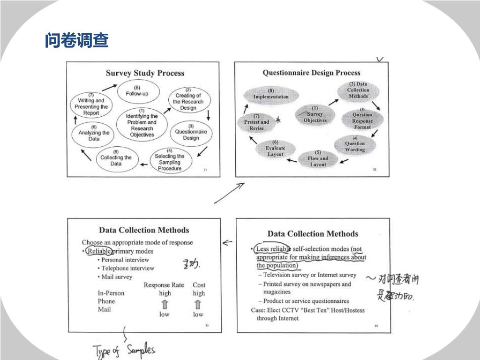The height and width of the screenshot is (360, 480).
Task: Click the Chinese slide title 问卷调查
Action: [x=77, y=41]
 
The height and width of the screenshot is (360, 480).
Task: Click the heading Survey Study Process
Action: [x=145, y=73]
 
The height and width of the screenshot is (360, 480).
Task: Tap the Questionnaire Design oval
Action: [x=191, y=135]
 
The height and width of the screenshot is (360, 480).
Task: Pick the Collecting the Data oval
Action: [x=116, y=161]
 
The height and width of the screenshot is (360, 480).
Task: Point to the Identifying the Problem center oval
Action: [x=142, y=122]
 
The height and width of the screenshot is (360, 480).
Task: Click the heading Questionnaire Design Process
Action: [x=311, y=73]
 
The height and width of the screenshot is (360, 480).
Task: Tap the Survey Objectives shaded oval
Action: [x=315, y=114]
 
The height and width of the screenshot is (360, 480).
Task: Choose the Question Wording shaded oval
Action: [x=355, y=146]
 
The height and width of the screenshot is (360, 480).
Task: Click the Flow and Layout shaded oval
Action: [x=318, y=159]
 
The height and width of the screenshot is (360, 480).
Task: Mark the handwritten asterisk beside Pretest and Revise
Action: [x=279, y=120]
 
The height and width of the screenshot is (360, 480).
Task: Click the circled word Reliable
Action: [x=99, y=251]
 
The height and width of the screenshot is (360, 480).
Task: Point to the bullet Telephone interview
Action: [x=127, y=268]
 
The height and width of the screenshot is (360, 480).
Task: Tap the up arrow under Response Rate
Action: [x=165, y=304]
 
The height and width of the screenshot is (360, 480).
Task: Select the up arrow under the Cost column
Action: [x=198, y=304]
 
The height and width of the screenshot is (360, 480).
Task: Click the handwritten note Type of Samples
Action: [x=125, y=350]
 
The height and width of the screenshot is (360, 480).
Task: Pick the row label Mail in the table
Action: [x=104, y=309]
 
